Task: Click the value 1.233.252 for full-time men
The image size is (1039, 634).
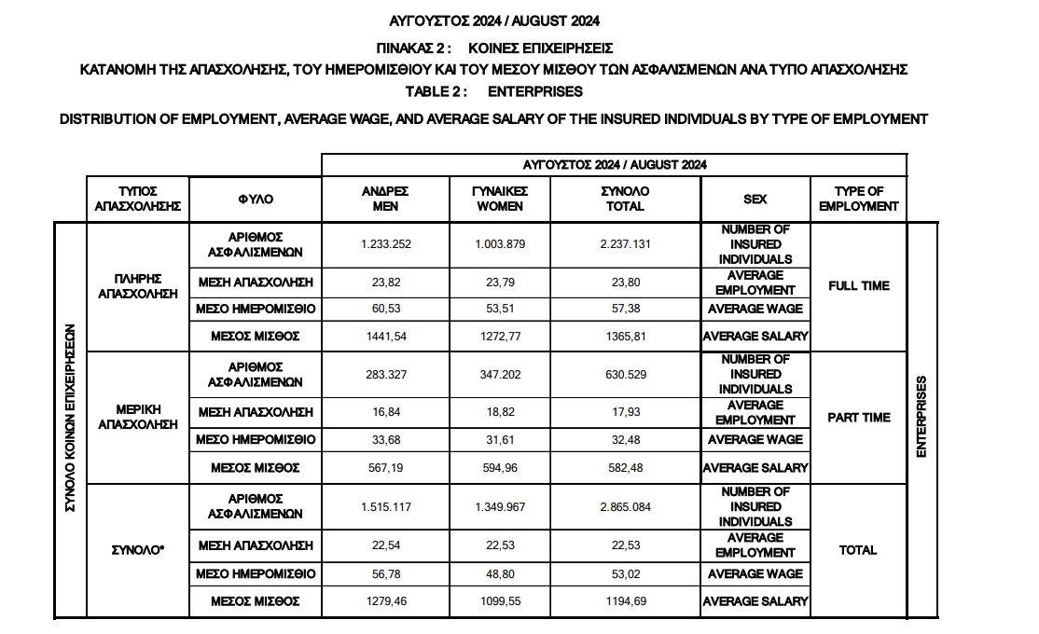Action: tap(385, 244)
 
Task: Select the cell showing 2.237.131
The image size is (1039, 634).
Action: tap(625, 244)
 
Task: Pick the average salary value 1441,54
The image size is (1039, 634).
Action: tap(385, 336)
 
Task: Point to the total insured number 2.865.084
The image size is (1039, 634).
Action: tap(625, 507)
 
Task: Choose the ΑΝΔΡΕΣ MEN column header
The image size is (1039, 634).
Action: tap(385, 199)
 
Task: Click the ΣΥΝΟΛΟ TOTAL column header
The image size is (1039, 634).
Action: tap(625, 199)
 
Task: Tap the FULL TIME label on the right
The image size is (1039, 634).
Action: tap(858, 286)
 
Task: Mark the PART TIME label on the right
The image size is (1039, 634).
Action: tap(858, 418)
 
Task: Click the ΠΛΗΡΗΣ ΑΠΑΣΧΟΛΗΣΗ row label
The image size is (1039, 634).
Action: tap(138, 286)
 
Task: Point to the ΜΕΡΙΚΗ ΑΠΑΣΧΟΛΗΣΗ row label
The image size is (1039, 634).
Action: tap(138, 417)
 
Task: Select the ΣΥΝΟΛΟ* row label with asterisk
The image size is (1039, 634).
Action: tap(138, 550)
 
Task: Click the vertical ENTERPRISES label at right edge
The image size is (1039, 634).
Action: tap(921, 417)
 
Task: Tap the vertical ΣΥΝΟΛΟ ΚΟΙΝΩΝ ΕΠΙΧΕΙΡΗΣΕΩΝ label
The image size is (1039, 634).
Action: tap(70, 417)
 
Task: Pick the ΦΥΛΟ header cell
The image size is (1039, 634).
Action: tap(256, 200)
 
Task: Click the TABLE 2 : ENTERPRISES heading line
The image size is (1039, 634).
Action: tap(494, 91)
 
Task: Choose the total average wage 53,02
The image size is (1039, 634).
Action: tap(625, 574)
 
